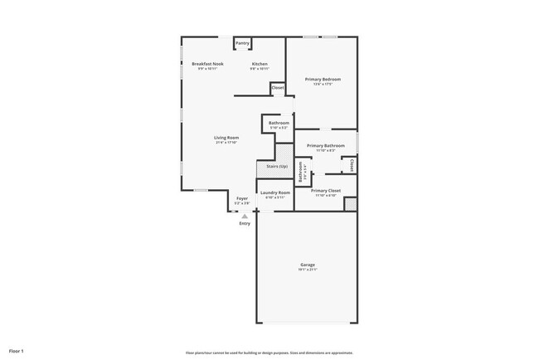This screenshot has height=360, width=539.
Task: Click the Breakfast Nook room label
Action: (x=207, y=64)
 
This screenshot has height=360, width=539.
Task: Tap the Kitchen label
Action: (x=260, y=64)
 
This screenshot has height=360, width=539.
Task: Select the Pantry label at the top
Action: (x=242, y=43)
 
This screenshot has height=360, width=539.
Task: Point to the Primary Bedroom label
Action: (x=323, y=79)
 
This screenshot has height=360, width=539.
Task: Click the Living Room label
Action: (x=226, y=137)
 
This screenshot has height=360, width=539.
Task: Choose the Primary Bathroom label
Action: (x=326, y=145)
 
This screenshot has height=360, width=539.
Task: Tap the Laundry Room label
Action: (x=275, y=192)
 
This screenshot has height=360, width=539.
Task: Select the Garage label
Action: (x=308, y=265)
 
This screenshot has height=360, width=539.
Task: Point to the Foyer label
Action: (x=242, y=198)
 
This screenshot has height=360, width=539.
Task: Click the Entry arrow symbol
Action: (x=244, y=216)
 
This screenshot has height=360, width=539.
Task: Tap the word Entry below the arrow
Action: (x=244, y=223)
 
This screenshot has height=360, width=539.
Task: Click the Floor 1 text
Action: (x=17, y=351)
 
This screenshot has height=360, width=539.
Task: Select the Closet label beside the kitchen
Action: (x=277, y=87)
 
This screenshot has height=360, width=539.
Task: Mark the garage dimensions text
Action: (x=308, y=270)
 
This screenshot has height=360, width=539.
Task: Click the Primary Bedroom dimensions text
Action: (x=323, y=84)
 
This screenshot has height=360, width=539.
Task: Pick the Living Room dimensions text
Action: (x=226, y=143)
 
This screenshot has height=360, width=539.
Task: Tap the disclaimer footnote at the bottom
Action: (x=269, y=351)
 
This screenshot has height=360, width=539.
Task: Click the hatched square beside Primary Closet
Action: (x=350, y=203)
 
